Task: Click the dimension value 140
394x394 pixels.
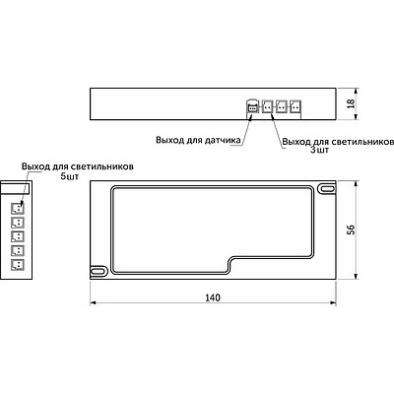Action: tap(215, 295)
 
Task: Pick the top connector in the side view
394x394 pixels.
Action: tap(17, 208)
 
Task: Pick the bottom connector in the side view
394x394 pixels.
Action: tap(17, 266)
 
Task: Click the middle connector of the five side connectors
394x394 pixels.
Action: tap(17, 237)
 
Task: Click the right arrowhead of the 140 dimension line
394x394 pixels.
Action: tap(336, 303)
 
